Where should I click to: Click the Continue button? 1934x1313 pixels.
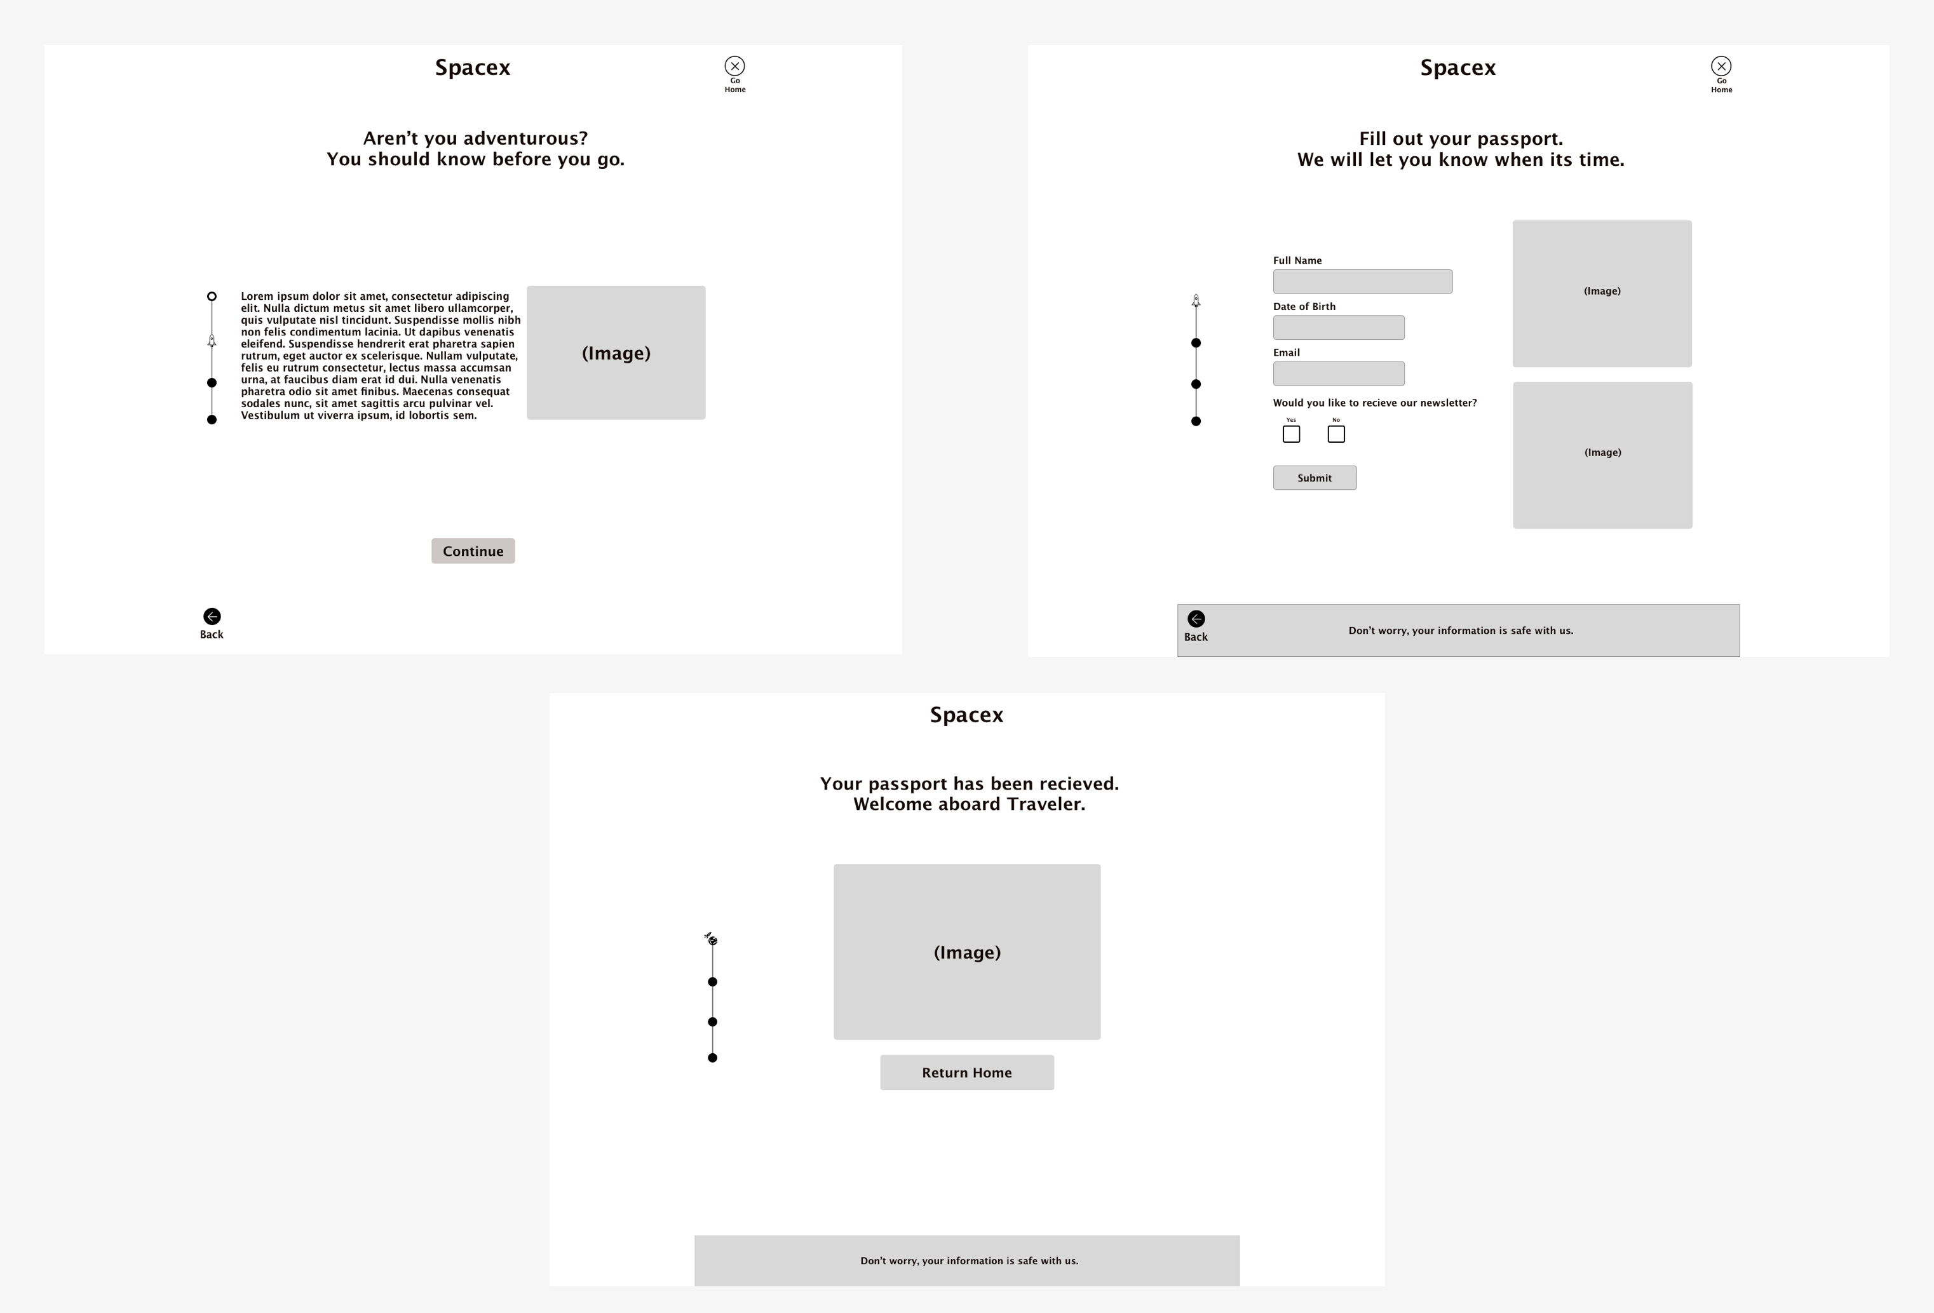(473, 551)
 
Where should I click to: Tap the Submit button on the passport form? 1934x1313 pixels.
(1315, 478)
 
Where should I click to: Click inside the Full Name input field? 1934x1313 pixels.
(1362, 281)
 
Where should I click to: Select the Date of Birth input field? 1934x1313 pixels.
(1338, 327)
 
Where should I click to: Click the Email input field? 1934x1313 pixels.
(1338, 374)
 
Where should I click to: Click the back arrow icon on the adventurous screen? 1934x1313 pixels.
(212, 617)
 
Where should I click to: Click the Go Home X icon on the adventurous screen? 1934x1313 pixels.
(735, 65)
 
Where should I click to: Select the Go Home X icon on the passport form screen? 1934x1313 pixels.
(1721, 65)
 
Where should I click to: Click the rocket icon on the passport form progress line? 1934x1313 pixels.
(1196, 300)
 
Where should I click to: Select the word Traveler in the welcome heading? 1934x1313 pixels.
(1046, 804)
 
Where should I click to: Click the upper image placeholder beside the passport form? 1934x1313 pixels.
(1602, 293)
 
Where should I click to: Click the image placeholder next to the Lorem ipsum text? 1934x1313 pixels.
(616, 353)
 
